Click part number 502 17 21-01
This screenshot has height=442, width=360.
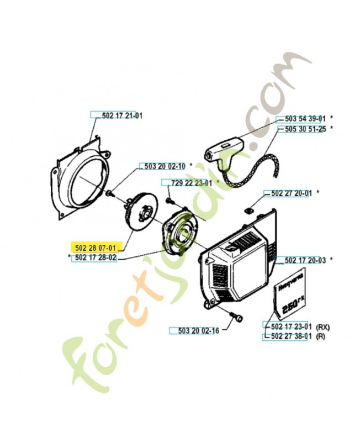click(122, 115)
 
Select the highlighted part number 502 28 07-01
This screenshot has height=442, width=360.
click(96, 248)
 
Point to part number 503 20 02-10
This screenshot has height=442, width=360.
click(165, 166)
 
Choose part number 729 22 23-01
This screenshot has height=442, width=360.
click(191, 183)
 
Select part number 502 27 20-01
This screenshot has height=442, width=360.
click(292, 193)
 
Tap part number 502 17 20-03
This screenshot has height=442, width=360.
click(305, 260)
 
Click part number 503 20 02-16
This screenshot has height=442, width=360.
click(198, 330)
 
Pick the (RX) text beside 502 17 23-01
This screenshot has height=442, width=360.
click(323, 327)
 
